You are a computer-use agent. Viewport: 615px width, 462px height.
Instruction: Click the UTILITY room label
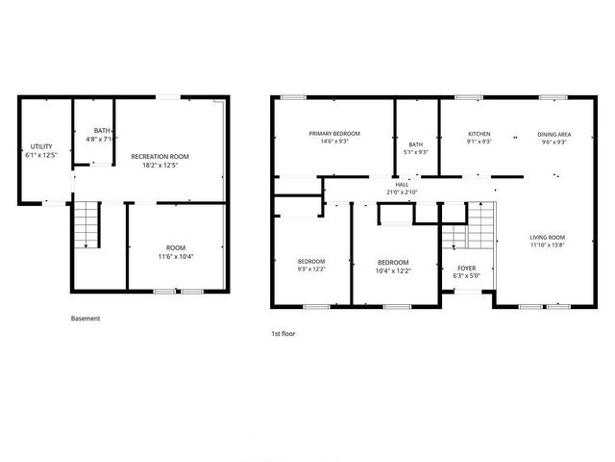point(28,147)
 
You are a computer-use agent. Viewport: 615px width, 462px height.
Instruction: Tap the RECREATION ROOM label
point(160,156)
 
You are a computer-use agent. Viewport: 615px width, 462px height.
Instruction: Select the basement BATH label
point(102,131)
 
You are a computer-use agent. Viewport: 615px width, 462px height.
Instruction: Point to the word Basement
point(86,318)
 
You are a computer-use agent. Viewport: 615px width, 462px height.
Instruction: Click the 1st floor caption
point(283,333)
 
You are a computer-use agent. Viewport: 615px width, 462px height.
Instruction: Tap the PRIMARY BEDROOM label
point(334,133)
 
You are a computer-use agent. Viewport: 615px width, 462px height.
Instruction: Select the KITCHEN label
point(479,134)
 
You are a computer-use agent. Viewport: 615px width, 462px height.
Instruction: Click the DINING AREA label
point(553,134)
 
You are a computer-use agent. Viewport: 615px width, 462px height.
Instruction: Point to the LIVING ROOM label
point(548,237)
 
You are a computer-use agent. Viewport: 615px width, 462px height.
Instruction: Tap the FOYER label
point(466,269)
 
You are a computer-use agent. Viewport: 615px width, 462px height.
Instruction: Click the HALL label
point(402,184)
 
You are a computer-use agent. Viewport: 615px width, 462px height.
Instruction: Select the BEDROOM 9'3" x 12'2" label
point(310,262)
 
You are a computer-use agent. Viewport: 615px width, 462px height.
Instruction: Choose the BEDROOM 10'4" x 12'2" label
point(392,263)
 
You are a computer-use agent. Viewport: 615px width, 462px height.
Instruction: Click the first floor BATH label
point(416,144)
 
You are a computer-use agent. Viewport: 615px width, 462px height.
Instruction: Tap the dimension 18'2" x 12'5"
point(160,165)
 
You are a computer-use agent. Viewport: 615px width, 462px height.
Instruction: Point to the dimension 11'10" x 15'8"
point(548,245)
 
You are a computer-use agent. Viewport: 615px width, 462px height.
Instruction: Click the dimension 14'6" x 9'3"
point(334,141)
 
